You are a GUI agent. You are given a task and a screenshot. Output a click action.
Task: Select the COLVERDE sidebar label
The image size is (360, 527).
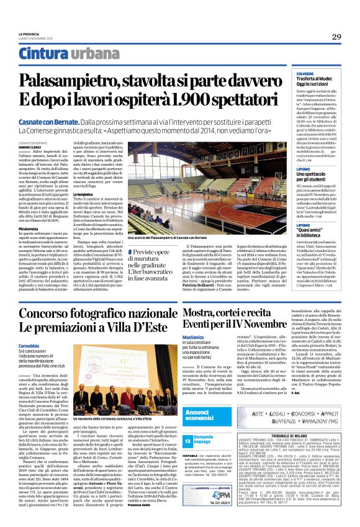(x=323, y=73)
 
